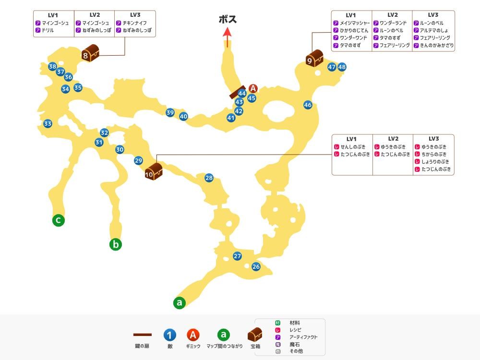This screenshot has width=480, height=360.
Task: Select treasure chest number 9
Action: click(314, 58)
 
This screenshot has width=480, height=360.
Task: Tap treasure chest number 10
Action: click(153, 172)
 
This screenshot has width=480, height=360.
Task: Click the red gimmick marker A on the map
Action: click(253, 88)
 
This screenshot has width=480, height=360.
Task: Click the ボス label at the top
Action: click(228, 20)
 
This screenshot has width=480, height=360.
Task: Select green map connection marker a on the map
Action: click(180, 303)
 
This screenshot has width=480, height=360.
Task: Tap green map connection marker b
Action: click(115, 244)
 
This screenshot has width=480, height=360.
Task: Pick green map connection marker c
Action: click(59, 220)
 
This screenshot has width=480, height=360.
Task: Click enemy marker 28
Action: click(209, 178)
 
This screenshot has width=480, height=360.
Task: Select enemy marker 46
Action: click(308, 105)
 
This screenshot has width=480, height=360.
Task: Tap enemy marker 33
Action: click(48, 124)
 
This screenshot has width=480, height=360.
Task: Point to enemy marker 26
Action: click(256, 267)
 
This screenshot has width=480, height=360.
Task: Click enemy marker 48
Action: click(342, 67)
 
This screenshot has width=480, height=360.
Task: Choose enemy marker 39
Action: click(170, 113)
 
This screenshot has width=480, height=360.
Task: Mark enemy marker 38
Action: click(52, 66)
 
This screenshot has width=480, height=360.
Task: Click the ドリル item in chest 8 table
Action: click(48, 30)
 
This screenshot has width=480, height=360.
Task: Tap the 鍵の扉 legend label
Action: click(142, 346)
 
